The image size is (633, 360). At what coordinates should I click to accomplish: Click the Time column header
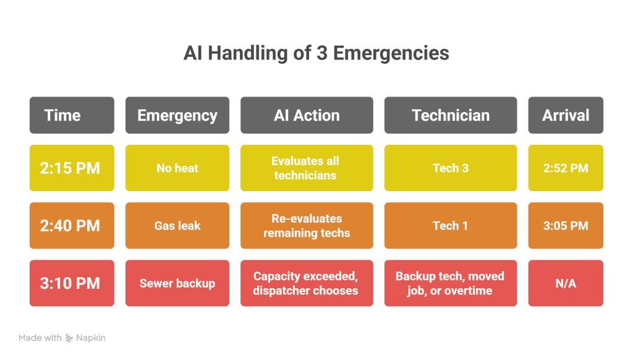tap(72, 115)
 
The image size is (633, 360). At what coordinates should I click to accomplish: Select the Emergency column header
tap(177, 115)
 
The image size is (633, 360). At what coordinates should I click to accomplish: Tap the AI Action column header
tap(307, 115)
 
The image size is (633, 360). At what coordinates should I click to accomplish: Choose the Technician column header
tap(451, 115)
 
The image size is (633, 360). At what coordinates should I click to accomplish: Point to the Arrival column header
tap(566, 115)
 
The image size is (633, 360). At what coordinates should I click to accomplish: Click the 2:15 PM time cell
tap(72, 168)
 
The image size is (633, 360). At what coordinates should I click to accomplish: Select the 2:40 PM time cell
tap(72, 226)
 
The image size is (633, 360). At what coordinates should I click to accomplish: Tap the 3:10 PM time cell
tap(72, 283)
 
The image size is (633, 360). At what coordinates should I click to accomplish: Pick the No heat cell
tap(177, 168)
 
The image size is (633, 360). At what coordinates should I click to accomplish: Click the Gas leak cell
tap(177, 226)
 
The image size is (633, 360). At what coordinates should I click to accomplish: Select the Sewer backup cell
tap(177, 283)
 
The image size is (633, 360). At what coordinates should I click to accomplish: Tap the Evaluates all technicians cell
tap(307, 168)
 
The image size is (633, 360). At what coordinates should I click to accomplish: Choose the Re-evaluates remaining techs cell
tap(307, 226)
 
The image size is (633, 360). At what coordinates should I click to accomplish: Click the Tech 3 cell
tap(451, 168)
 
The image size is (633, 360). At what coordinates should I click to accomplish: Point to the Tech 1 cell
tap(451, 226)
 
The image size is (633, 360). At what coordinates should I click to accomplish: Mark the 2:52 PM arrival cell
tap(566, 168)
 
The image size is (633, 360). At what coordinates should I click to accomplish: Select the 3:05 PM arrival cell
tap(566, 226)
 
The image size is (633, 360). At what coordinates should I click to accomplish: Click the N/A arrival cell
tap(566, 283)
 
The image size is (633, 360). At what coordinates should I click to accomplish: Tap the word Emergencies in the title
tap(391, 53)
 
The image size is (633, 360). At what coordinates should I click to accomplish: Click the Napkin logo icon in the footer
tap(70, 338)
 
